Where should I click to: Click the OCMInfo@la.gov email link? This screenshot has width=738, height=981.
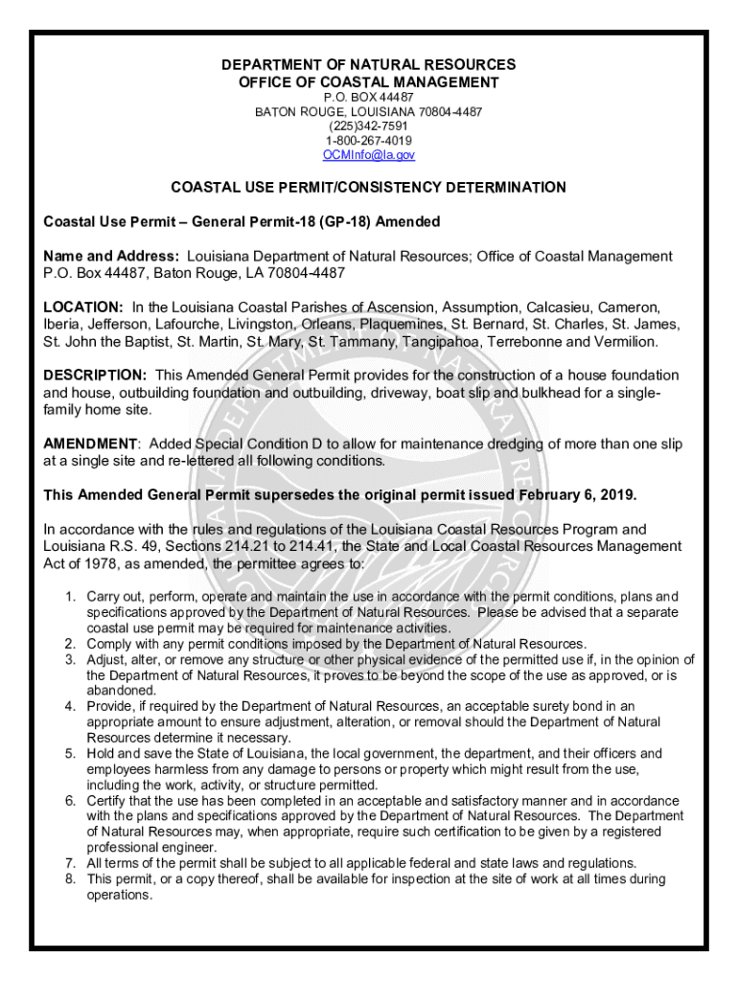369,154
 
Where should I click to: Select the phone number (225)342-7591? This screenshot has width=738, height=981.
369,126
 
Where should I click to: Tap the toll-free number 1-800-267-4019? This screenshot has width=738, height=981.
369,140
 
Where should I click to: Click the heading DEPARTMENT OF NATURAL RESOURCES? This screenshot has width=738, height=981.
369,65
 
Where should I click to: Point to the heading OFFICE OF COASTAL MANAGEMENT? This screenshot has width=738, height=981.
369,82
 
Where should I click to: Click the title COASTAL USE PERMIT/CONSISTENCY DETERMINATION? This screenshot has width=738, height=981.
368,188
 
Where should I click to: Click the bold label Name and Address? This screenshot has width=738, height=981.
111,257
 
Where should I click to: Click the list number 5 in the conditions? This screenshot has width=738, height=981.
70,754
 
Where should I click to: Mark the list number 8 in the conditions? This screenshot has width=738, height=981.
70,878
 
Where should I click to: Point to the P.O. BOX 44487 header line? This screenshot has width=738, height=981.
369,98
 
